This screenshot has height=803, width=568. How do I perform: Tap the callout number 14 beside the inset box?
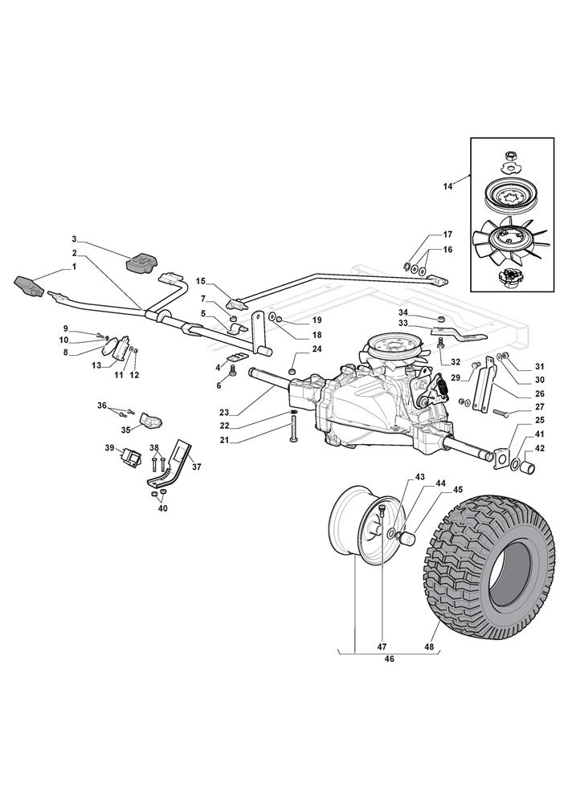[447, 186]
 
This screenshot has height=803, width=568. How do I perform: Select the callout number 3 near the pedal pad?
[73, 239]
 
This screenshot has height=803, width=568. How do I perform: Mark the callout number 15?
[201, 281]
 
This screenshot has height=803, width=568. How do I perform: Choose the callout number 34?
[403, 312]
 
